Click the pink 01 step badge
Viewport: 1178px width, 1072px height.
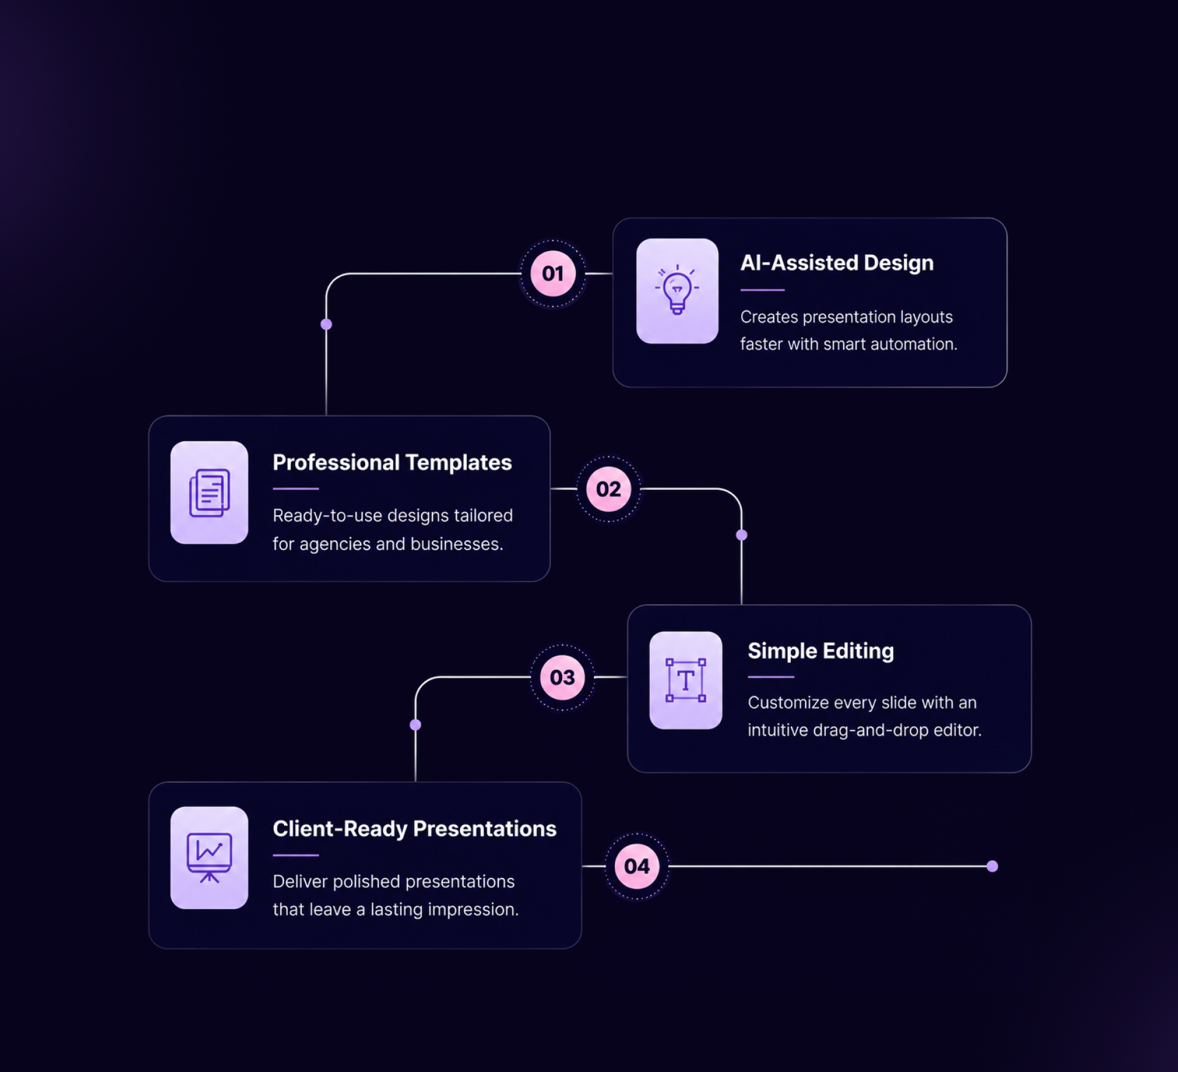click(x=553, y=273)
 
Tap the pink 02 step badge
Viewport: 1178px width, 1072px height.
click(x=609, y=489)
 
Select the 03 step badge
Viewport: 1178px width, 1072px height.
click(x=562, y=677)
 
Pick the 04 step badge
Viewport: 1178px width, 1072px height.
click(x=637, y=866)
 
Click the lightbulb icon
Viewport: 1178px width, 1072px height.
click(x=677, y=289)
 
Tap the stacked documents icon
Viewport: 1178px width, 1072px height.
click(x=209, y=492)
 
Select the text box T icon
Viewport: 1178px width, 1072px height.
click(x=686, y=680)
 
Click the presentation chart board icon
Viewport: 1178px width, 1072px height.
click(x=209, y=858)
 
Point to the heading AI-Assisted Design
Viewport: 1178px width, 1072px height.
click(x=837, y=263)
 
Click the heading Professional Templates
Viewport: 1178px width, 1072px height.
click(x=392, y=462)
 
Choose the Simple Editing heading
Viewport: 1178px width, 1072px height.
click(x=821, y=651)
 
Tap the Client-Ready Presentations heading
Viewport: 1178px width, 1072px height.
click(x=415, y=829)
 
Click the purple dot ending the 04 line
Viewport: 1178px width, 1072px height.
click(x=992, y=866)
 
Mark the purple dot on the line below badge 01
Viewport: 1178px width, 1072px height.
click(x=326, y=324)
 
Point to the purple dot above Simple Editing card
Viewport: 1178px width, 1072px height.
click(x=742, y=535)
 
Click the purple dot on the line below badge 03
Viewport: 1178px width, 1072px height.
click(x=415, y=725)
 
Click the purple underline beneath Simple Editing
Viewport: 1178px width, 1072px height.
click(x=771, y=677)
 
